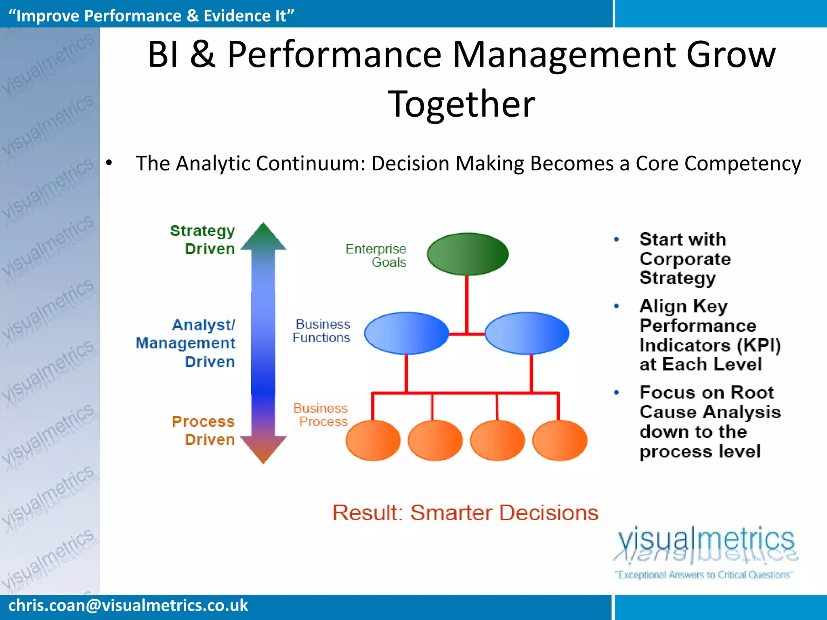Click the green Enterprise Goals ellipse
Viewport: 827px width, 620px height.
click(x=468, y=254)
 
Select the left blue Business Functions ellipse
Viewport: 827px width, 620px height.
click(x=407, y=333)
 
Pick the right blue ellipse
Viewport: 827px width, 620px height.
click(x=527, y=333)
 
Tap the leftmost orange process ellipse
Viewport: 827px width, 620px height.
click(x=373, y=440)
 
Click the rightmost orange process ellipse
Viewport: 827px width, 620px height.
click(x=560, y=440)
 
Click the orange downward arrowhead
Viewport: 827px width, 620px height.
click(x=263, y=449)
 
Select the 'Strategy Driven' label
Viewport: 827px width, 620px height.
click(x=203, y=240)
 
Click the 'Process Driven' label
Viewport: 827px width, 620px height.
click(x=204, y=430)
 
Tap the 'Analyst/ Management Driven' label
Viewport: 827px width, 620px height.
click(x=186, y=343)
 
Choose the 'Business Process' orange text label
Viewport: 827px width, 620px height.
click(x=321, y=415)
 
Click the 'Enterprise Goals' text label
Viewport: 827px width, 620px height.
click(x=376, y=256)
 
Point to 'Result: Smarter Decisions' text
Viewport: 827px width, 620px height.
click(x=465, y=513)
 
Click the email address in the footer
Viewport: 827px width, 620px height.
click(x=128, y=605)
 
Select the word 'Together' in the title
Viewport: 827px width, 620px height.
click(x=462, y=104)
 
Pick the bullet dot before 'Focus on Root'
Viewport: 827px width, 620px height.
click(x=616, y=392)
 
